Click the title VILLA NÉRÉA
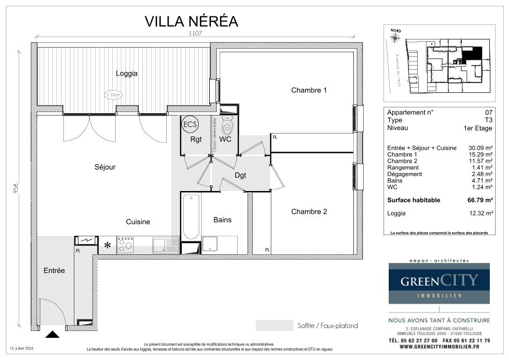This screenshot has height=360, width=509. [191, 21]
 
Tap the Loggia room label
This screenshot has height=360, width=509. [127, 73]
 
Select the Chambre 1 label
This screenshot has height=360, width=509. [309, 90]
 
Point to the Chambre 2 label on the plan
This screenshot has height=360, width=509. [309, 211]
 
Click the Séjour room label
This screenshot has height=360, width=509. [105, 167]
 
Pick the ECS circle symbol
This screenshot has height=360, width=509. [190, 124]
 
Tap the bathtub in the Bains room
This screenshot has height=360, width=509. [191, 217]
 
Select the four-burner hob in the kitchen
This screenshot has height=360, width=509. [125, 245]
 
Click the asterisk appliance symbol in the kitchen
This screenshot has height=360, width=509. [107, 245]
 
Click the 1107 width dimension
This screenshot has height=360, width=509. [195, 34]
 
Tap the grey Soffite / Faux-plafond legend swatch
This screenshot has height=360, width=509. [274, 325]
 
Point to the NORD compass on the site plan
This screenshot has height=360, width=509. [396, 37]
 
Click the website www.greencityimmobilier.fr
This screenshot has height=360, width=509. [439, 347]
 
